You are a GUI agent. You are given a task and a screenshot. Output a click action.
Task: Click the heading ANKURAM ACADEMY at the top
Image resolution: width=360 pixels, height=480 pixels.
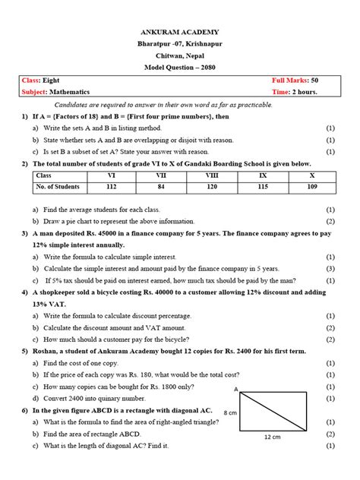[180, 32]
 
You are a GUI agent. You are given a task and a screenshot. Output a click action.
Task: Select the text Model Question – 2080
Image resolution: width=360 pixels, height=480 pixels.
[180, 68]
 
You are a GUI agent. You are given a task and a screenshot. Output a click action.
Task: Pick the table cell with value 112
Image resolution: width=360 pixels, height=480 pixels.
[111, 186]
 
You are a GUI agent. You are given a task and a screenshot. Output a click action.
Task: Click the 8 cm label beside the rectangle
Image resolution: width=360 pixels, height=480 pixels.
[231, 412]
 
